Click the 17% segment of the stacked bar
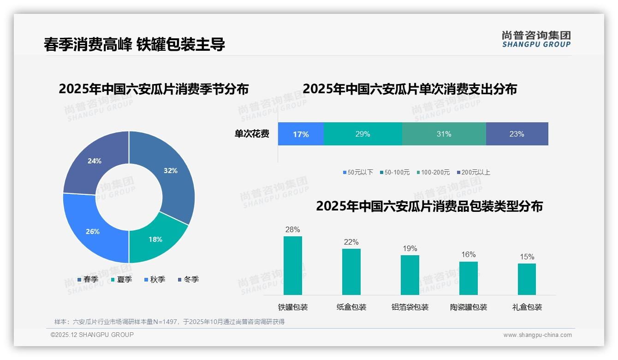click(x=301, y=134)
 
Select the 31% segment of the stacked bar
click(x=444, y=134)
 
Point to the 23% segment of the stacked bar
click(x=517, y=134)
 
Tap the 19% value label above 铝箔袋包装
click(x=410, y=249)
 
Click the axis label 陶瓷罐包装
click(x=468, y=307)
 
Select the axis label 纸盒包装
click(x=351, y=307)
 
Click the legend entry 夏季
click(x=124, y=279)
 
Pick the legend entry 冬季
click(x=191, y=279)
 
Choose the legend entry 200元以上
click(x=475, y=172)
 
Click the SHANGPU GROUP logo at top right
click(x=536, y=39)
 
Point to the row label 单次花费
click(x=252, y=134)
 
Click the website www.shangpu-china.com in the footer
click(x=537, y=335)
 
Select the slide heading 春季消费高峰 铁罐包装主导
click(x=134, y=44)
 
